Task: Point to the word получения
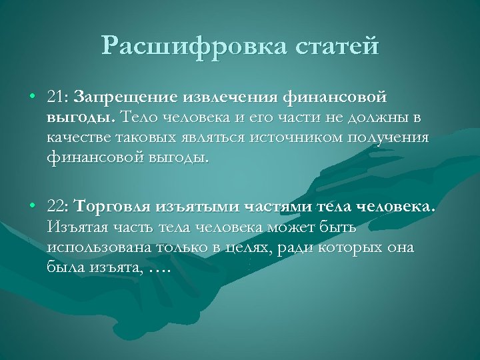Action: tap(393, 139)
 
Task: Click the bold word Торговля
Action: tap(113, 207)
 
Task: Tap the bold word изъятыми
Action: tap(198, 207)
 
